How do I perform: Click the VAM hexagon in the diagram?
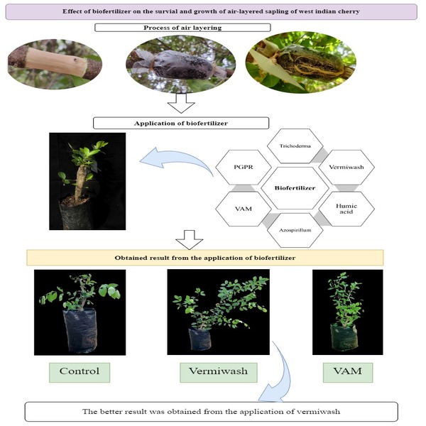[242, 209]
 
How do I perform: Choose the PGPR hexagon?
[242, 169]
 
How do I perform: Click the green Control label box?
[79, 371]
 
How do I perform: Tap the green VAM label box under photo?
[348, 371]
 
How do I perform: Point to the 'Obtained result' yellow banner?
[205, 256]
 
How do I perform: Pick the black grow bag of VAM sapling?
[346, 338]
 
